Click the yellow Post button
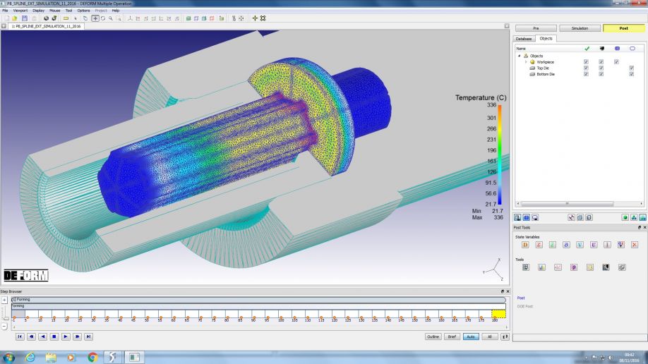(x=623, y=28)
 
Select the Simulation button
(x=579, y=28)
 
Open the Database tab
(x=524, y=38)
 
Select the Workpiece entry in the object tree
(x=545, y=62)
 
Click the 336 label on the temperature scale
(x=491, y=105)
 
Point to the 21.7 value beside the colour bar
(x=491, y=204)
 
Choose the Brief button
(x=452, y=336)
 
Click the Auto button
(x=470, y=336)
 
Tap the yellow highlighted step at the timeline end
(x=498, y=314)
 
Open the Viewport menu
(x=20, y=11)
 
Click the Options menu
(x=83, y=11)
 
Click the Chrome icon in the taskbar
(x=92, y=357)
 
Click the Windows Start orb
(x=9, y=357)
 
